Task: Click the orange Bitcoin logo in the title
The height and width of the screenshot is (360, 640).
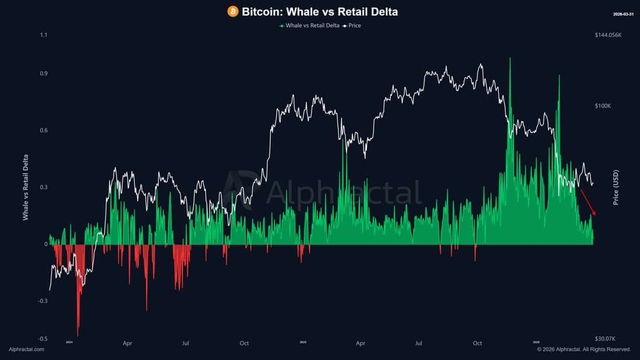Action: coord(233,11)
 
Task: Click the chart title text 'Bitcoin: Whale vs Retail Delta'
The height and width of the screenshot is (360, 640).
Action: coord(320,11)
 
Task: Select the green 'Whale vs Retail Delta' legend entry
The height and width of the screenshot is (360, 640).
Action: coord(308,25)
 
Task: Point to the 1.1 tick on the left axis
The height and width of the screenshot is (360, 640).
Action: coord(44,35)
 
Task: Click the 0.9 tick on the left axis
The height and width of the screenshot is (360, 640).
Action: coord(44,74)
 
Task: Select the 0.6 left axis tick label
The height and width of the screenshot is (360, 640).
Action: coord(44,131)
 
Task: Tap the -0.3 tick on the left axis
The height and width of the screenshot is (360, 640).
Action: coord(43,301)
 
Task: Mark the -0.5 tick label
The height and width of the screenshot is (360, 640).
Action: coord(43,339)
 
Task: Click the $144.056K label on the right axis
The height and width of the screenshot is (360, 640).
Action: coord(609,35)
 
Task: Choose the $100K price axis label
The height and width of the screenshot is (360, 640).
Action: coord(603,106)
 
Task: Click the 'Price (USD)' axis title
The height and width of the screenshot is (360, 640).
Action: coord(616,188)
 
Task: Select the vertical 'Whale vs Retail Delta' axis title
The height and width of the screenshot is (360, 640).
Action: coord(26,188)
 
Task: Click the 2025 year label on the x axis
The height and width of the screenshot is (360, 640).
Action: coord(303,341)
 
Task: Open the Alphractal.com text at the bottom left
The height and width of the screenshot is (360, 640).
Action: coord(27,349)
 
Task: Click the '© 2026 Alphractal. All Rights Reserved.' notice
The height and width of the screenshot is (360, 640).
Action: coord(583,349)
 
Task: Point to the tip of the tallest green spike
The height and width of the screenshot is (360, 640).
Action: coord(510,58)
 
